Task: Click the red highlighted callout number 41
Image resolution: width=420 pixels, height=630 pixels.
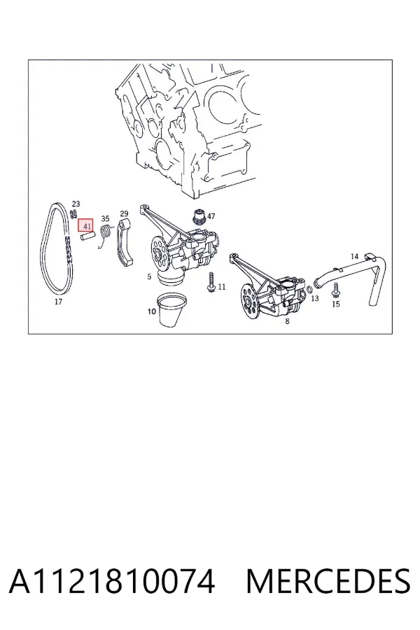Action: pos(85,226)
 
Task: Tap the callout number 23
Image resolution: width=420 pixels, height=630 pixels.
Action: pos(76,204)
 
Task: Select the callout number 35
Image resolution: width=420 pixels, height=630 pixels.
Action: pos(105,219)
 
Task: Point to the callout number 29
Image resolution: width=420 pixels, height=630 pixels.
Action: pos(124,213)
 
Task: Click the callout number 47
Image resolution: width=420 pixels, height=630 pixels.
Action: pos(211,216)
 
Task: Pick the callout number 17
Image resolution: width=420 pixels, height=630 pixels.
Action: pos(58,302)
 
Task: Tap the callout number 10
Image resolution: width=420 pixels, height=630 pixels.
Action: pos(151,311)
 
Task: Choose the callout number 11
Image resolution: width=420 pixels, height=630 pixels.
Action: pos(221,287)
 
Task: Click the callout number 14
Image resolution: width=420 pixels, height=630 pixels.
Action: pos(354,256)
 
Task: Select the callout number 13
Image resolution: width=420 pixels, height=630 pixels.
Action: pos(315,298)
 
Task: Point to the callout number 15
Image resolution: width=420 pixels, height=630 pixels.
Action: pos(335,304)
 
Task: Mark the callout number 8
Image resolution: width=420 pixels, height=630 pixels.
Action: pos(287,321)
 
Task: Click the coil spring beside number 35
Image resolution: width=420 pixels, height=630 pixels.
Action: pos(105,235)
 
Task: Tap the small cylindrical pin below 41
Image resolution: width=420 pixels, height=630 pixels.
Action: pos(87,237)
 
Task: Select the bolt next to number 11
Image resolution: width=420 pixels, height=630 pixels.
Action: pos(211,281)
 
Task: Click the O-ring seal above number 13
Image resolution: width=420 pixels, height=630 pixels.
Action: pos(310,289)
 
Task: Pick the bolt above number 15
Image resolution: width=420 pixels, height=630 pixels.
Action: pos(335,290)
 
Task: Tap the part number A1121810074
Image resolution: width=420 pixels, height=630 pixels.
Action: pos(112,581)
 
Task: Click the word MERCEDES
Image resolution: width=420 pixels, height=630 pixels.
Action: pos(328,581)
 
